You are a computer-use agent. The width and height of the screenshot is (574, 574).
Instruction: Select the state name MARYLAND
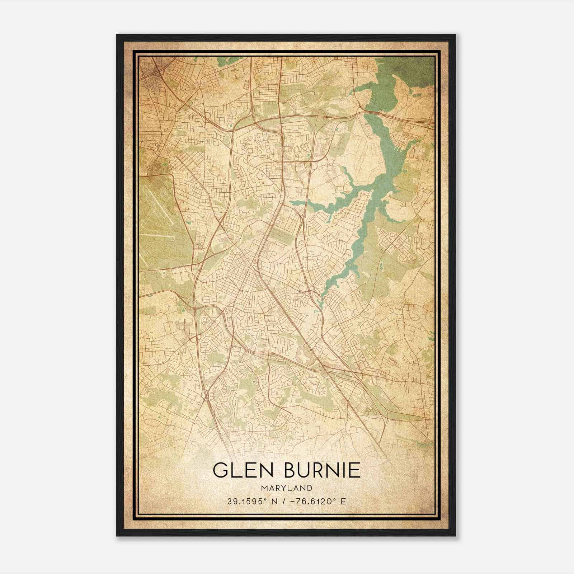[287, 488]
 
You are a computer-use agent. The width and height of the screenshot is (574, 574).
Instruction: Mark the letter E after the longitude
[343, 501]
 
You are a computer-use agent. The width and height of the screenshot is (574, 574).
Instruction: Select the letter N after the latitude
[274, 501]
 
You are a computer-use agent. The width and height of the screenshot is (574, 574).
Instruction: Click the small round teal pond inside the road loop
[230, 126]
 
